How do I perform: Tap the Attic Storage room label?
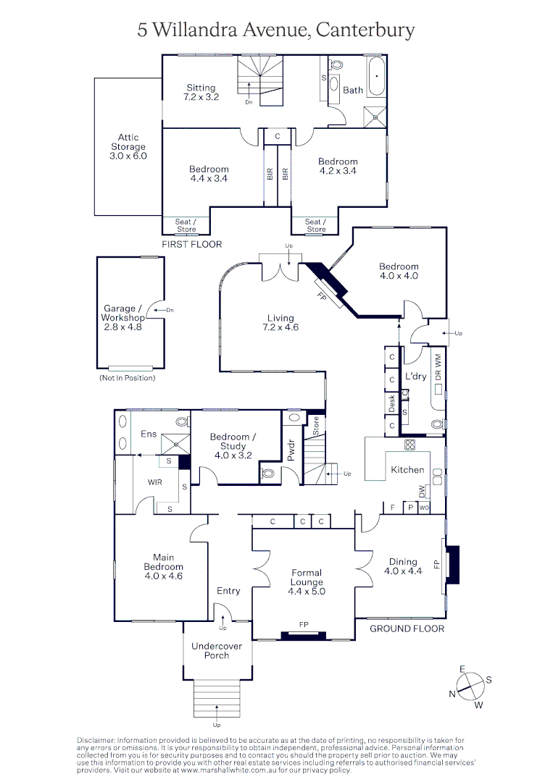pos(128,146)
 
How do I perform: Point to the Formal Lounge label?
pos(307,577)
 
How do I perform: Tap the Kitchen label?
pos(407,470)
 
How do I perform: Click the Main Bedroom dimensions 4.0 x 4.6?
pos(163,576)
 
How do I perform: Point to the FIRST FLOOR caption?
pos(192,244)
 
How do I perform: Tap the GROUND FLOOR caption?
pos(407,628)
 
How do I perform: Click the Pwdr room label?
pos(291,450)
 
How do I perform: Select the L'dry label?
pos(416,377)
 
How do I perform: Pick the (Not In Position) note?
pos(127,378)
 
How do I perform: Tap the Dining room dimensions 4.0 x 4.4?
pos(403,571)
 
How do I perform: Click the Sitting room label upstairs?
pos(201,92)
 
